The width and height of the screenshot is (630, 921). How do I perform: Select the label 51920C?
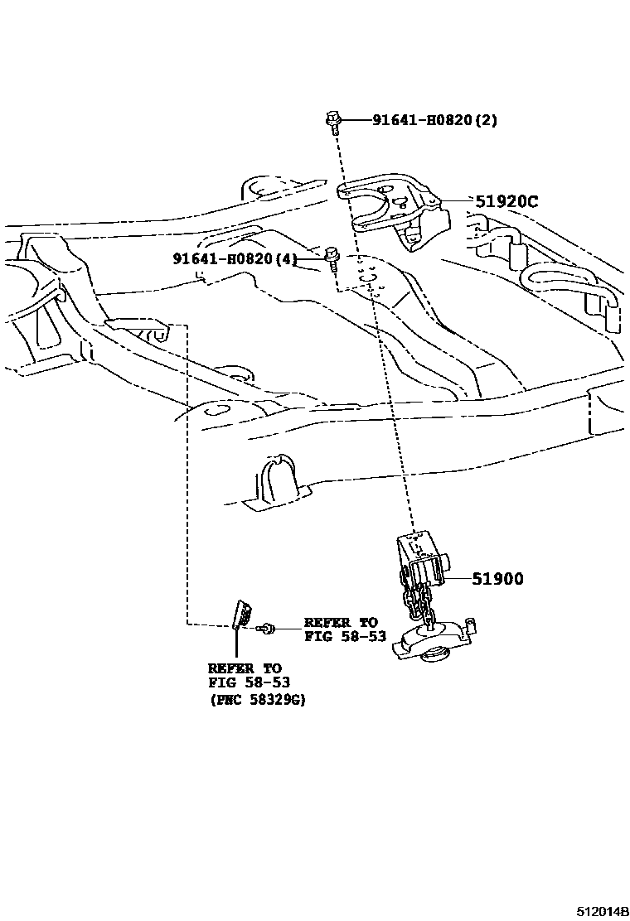(506, 200)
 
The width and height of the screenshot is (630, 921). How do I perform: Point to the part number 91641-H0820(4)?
(235, 258)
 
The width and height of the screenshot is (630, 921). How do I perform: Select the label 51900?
(497, 579)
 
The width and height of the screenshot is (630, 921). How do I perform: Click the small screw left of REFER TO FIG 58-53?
(265, 629)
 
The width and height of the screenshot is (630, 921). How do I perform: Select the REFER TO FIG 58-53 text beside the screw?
(341, 629)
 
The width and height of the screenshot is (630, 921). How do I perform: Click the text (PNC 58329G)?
(256, 699)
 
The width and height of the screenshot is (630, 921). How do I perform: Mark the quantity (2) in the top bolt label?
(486, 120)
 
